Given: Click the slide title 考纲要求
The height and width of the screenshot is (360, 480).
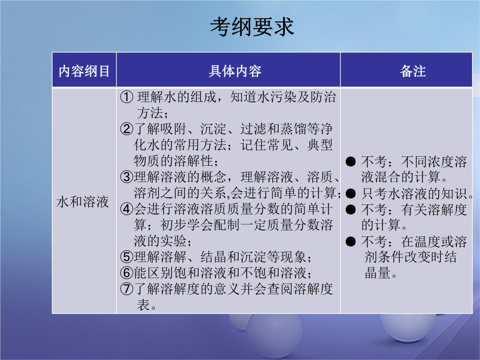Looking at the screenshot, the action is (252, 27).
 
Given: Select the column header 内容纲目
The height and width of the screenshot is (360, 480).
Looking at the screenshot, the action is (84, 71).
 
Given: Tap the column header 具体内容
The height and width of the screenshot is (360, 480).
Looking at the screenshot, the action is (235, 71).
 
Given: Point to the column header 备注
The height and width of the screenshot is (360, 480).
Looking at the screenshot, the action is (413, 71).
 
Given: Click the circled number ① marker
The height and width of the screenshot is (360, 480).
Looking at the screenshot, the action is (127, 97).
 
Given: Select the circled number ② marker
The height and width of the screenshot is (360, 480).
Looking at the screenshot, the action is (127, 129).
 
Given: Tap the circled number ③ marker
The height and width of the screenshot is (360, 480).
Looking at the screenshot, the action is (127, 177).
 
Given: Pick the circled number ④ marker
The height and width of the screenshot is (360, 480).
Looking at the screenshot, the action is (127, 209).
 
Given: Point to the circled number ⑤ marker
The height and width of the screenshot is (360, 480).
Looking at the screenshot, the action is (127, 257).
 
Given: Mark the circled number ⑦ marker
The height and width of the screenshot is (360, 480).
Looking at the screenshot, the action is (127, 289).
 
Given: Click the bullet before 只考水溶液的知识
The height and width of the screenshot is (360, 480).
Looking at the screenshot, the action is (351, 193).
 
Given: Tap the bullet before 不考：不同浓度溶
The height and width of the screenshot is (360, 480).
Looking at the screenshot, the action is (351, 162).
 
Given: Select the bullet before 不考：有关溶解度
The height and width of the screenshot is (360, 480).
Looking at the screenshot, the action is (351, 210).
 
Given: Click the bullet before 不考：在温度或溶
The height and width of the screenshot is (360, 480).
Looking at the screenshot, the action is (351, 241).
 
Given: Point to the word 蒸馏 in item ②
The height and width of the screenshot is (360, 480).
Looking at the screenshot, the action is (293, 129).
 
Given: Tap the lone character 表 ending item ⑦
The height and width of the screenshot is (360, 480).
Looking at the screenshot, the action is (143, 305).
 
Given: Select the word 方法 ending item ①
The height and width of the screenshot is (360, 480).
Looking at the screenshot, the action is (150, 113).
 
